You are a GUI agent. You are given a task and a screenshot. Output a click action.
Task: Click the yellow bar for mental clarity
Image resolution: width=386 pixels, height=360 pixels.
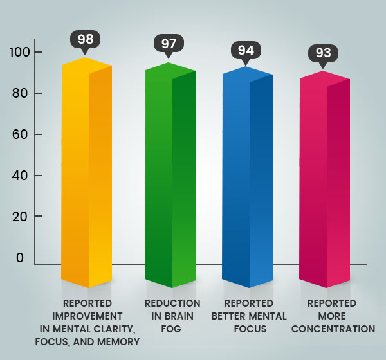[87, 174]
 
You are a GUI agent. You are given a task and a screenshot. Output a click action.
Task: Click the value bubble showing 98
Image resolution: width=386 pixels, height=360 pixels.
[86, 39]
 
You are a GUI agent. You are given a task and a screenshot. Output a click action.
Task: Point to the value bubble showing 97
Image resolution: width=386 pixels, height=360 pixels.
[169, 44]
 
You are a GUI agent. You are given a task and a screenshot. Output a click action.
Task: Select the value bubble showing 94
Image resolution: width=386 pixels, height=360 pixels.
[246, 50]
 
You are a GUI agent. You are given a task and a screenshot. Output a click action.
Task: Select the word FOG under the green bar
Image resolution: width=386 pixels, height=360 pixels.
[172, 328]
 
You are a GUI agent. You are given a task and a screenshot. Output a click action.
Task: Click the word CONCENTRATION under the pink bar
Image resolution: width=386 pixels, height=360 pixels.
[332, 328]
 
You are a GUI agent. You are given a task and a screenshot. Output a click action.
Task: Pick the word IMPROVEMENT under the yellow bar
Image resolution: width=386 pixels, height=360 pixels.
[87, 316]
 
